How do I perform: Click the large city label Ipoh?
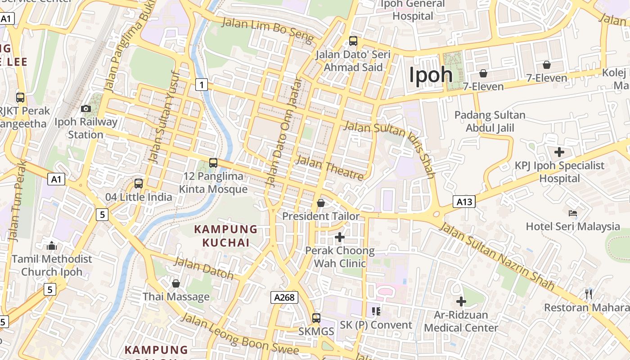(x=431, y=74)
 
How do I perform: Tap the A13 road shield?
(x=464, y=202)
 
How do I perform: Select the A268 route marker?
(x=284, y=297)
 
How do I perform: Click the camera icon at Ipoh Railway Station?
(x=86, y=108)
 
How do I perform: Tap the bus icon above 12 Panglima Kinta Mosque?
(x=213, y=163)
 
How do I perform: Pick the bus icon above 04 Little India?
(x=139, y=184)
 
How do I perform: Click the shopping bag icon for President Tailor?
(x=321, y=203)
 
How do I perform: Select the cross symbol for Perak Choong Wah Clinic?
(x=340, y=237)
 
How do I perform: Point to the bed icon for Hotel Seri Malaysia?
(x=573, y=213)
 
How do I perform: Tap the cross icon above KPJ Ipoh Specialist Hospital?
(x=559, y=152)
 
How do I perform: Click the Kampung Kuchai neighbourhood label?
(x=225, y=236)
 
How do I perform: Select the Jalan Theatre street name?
(x=329, y=167)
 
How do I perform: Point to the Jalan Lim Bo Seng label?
(x=267, y=31)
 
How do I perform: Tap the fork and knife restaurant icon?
(x=589, y=294)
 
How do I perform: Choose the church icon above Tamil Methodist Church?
(x=52, y=246)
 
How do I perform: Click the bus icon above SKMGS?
(x=316, y=318)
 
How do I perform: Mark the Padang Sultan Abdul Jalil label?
(x=490, y=121)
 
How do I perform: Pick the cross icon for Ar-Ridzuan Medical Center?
(x=461, y=301)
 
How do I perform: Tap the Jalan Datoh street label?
(x=204, y=268)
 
